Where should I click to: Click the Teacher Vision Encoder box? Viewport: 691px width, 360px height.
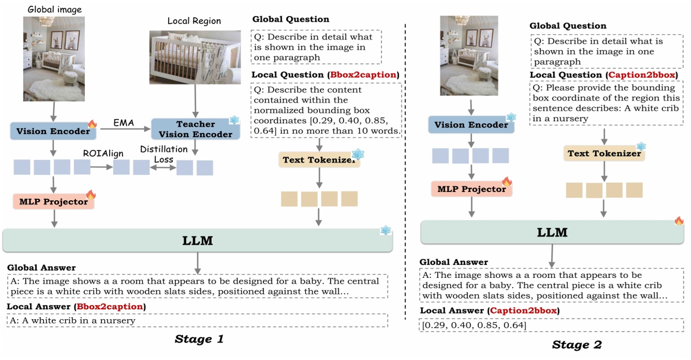coord(196,129)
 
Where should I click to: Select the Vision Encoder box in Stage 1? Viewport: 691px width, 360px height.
coord(53,131)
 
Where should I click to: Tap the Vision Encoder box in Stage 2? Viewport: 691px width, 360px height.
coord(471,125)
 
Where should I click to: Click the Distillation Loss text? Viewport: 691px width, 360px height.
coord(164,154)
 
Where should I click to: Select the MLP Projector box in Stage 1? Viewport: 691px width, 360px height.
coord(53,201)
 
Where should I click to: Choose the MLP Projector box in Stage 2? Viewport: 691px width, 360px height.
coord(471,189)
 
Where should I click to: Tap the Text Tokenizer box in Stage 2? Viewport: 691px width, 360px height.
coord(604,153)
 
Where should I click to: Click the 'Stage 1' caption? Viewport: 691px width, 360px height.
coord(199,339)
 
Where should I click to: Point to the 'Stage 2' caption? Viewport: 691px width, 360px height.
coord(577,344)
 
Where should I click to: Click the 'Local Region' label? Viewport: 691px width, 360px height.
coord(194,21)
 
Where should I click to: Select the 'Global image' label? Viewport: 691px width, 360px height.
coord(54,9)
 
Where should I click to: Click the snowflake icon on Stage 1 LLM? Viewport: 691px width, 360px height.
coord(386,230)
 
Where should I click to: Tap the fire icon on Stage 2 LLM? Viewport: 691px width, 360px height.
coord(679,221)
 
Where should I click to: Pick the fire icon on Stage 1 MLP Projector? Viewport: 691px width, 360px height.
coord(91,194)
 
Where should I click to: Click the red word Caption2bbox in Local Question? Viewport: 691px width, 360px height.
coord(641,75)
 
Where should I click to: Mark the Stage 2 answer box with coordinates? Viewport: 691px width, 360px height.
coord(551,325)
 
